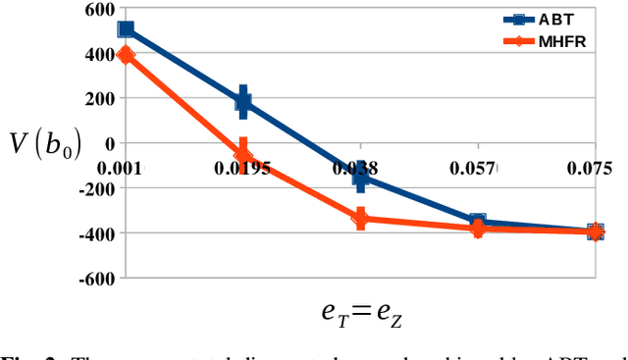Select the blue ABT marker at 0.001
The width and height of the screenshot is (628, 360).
coord(126,29)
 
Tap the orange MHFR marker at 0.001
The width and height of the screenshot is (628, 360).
coord(126,55)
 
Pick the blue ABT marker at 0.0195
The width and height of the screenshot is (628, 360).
coord(243,100)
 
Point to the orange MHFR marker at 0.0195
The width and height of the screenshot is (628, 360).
coord(243,155)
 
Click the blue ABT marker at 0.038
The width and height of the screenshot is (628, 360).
coord(361,179)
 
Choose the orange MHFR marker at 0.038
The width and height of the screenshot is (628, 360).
coord(361,218)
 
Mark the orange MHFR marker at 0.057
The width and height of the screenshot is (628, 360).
coord(478,229)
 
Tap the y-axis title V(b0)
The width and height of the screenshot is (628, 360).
coord(40,147)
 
